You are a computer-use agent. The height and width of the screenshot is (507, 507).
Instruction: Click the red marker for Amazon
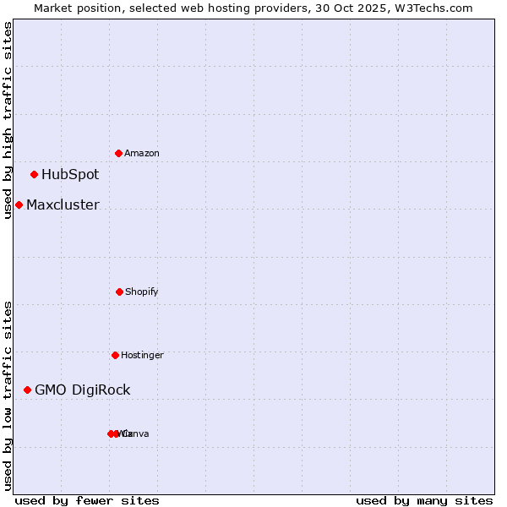point(119,153)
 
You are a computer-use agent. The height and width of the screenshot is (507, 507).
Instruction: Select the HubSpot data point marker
point(35,175)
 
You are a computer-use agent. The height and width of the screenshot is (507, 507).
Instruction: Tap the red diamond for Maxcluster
point(19,204)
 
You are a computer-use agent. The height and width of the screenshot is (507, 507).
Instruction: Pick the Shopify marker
point(119,292)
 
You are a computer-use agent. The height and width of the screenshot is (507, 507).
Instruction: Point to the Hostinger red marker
point(115,355)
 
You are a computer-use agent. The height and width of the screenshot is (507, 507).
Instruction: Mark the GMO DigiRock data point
point(27,390)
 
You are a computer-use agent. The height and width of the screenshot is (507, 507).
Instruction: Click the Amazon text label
point(142,153)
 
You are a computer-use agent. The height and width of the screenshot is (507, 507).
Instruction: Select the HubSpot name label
point(70,175)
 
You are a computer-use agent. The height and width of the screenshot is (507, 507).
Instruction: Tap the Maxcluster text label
point(63,204)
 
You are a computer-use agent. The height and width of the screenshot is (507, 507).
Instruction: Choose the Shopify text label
point(142,292)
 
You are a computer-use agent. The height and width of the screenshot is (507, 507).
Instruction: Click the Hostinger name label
point(142,355)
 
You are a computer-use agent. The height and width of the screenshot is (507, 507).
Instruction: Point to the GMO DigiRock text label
point(83,390)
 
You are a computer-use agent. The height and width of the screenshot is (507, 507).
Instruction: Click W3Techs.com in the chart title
point(433,8)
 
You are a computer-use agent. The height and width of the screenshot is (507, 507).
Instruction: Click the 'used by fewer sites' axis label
point(87,500)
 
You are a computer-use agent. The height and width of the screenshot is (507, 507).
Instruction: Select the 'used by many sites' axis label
point(424,500)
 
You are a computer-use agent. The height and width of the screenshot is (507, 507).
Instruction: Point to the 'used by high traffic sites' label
point(8,120)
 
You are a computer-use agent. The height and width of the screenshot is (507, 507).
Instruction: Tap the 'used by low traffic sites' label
point(8,395)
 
